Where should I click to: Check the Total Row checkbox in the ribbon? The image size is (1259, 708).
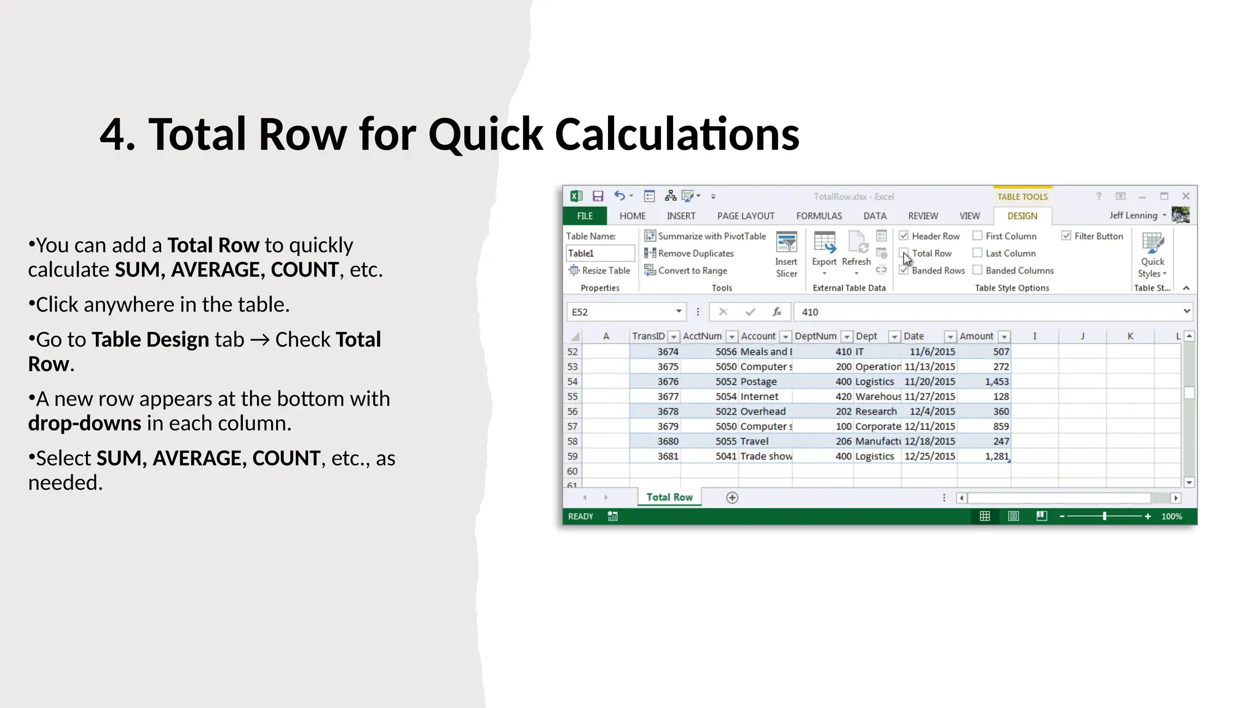coord(904,253)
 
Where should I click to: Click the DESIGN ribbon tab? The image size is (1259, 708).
coord(1022,216)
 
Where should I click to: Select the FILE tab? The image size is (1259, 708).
coord(585,216)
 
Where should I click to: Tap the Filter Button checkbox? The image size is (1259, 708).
coord(1067,236)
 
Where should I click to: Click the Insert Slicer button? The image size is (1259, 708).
coord(786,255)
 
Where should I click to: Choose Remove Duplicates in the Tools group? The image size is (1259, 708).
coord(695,253)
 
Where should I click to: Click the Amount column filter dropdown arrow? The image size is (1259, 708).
coord(1004,337)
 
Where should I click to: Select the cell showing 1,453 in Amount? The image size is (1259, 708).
coord(996,382)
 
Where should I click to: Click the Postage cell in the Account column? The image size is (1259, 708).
coord(759,382)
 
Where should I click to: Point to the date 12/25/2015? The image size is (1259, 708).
coord(929,456)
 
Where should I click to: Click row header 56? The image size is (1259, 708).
coord(572,412)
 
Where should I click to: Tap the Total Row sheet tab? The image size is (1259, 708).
coord(669,497)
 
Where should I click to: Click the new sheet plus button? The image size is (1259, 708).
coord(732,498)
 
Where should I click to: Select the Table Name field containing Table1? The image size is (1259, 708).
coord(599,253)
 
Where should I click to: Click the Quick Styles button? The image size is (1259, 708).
coord(1152,256)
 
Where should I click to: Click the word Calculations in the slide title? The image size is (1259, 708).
coord(677,135)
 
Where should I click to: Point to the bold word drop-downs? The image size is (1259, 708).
coord(85,423)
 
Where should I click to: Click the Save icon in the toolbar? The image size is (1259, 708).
coord(598,197)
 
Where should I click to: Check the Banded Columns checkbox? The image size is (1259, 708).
coord(977,270)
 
